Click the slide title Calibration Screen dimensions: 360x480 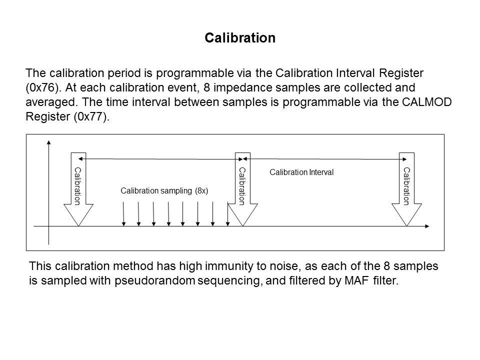[240, 38]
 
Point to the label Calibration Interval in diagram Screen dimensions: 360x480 [301, 172]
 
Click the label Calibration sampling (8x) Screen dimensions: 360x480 [164, 190]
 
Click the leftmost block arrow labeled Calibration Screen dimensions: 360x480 [78, 190]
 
